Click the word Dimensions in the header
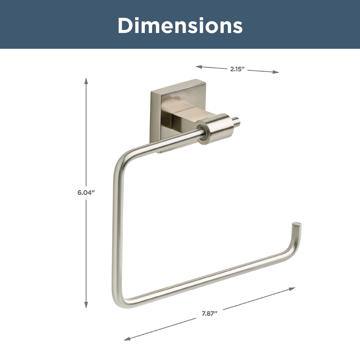[180, 25]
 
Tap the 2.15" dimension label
[237, 69]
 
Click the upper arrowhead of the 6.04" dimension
[86, 81]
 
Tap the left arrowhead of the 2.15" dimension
[199, 67]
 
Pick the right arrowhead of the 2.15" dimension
[276, 72]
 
